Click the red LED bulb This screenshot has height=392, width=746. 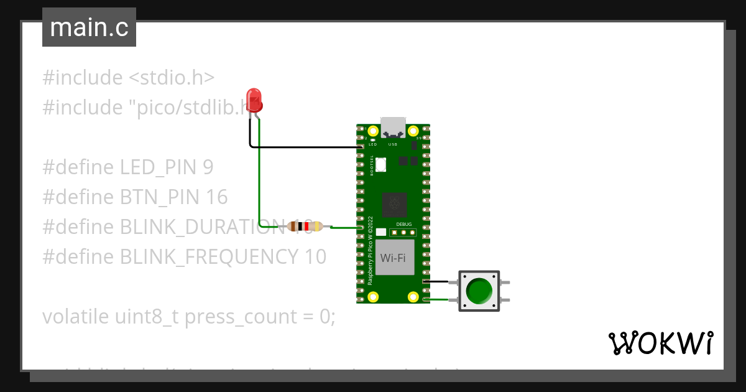[x=254, y=100]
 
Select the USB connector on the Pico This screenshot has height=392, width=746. [x=393, y=127]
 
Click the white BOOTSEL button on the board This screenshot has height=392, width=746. [x=381, y=165]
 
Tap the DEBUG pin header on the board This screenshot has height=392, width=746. [x=403, y=233]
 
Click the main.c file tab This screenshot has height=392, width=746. [x=89, y=28]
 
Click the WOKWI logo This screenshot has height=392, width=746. [x=660, y=343]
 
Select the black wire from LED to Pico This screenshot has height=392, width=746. [x=305, y=147]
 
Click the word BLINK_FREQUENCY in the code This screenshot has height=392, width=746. [x=208, y=256]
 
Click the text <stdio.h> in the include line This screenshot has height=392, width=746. [x=171, y=78]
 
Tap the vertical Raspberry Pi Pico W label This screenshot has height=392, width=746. [x=370, y=250]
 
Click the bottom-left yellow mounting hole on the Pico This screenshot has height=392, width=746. [x=373, y=297]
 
